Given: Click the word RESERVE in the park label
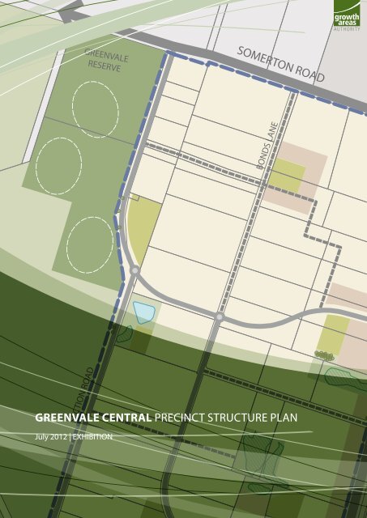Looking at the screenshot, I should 105,66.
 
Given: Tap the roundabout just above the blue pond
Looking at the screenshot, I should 134,270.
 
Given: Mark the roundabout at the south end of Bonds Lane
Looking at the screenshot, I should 219,317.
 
